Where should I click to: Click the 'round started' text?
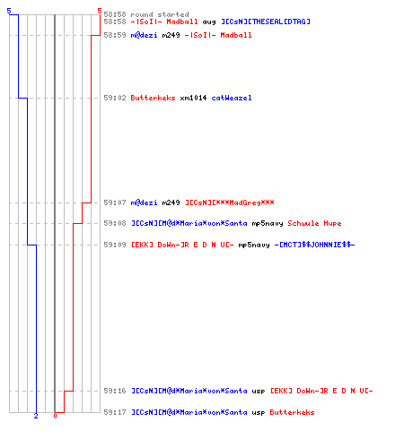160,14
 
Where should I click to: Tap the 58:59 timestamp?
115,35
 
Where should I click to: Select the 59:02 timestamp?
115,98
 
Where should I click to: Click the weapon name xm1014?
193,98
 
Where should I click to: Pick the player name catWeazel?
232,98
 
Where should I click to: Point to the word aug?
209,22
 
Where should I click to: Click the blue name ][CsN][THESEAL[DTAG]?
266,22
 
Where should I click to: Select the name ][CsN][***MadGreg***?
230,202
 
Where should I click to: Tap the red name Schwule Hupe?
314,223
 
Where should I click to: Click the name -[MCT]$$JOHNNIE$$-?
314,245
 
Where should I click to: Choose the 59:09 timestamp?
115,245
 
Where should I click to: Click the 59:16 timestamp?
115,391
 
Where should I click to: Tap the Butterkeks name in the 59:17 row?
292,412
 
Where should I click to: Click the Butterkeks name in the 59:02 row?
153,98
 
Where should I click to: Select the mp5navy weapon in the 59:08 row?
268,224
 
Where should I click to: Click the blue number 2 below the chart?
36,416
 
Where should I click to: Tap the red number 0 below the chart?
55,416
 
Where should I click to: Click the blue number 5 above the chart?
9,11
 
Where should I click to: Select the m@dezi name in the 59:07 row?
144,202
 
